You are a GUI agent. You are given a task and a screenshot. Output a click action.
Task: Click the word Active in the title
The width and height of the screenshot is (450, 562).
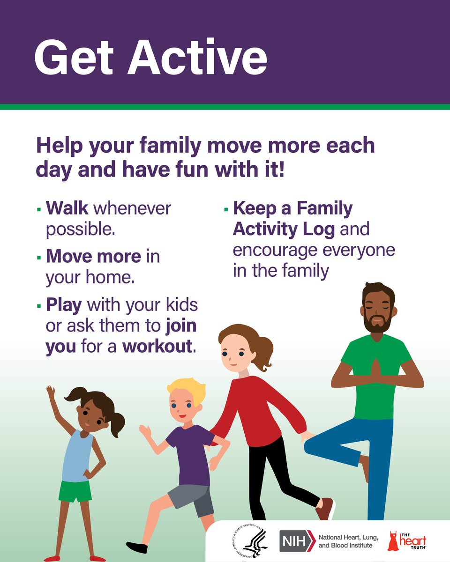click(x=197, y=57)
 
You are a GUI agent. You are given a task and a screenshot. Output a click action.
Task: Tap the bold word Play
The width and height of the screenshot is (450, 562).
click(x=64, y=305)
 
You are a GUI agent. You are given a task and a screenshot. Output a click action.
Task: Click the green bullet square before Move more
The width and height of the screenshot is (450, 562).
click(x=38, y=257)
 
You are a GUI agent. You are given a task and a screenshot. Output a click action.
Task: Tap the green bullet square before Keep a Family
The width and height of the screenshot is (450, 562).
click(x=226, y=208)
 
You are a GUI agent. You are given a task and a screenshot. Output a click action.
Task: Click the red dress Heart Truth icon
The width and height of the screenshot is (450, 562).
click(x=393, y=541)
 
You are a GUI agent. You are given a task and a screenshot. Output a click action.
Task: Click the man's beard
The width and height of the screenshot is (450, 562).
click(x=378, y=323)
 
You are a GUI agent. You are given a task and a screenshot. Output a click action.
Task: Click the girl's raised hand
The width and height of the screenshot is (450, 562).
click(x=50, y=392)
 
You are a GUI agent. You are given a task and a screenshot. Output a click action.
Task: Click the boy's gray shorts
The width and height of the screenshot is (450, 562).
click(x=190, y=499)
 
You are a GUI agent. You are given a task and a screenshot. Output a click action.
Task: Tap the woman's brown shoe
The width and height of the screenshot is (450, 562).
click(x=325, y=508)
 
